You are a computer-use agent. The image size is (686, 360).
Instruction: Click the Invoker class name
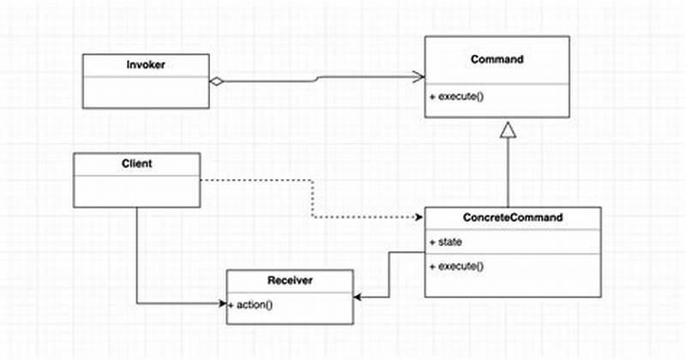pyautogui.click(x=146, y=63)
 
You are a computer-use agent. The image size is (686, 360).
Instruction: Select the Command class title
pyautogui.click(x=497, y=59)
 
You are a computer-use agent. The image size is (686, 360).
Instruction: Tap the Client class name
pyautogui.click(x=137, y=163)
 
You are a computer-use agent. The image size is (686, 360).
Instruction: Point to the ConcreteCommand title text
pyautogui.click(x=513, y=218)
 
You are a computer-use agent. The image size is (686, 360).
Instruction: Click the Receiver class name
pyautogui.click(x=290, y=280)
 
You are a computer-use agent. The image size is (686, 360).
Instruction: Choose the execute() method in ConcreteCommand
pyautogui.click(x=456, y=266)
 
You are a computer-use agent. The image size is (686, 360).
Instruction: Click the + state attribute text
pyautogui.click(x=446, y=243)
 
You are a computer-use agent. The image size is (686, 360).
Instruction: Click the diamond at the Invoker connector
pyautogui.click(x=217, y=81)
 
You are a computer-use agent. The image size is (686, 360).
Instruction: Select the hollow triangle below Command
pyautogui.click(x=508, y=129)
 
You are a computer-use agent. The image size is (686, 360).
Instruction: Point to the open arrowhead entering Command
pyautogui.click(x=419, y=77)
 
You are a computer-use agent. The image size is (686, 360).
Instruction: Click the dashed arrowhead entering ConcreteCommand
pyautogui.click(x=420, y=218)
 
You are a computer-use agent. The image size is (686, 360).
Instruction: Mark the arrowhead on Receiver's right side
pyautogui.click(x=358, y=297)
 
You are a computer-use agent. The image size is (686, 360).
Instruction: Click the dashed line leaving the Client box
pyautogui.click(x=257, y=181)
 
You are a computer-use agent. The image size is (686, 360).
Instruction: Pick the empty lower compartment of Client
pyautogui.click(x=137, y=191)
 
